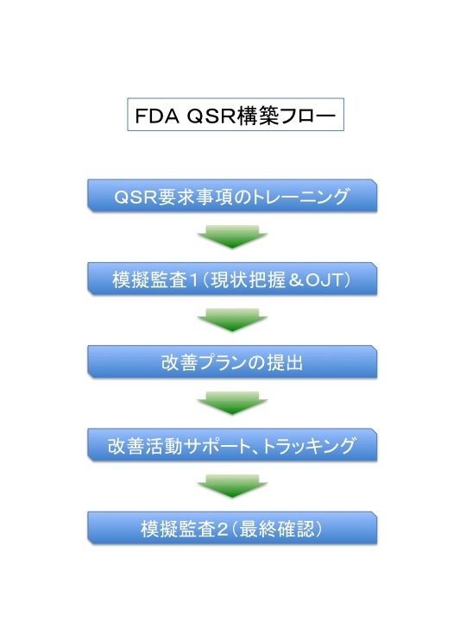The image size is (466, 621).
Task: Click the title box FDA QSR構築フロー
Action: [236, 115]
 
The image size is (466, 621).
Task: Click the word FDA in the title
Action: [157, 116]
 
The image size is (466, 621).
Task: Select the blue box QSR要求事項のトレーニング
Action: [232, 196]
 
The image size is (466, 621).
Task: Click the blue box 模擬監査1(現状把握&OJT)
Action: [232, 279]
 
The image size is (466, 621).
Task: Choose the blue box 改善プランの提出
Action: [232, 362]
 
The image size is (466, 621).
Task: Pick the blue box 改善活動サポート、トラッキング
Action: [232, 445]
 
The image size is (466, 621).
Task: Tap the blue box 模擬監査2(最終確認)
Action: [232, 529]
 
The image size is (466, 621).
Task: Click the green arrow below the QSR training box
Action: [232, 237]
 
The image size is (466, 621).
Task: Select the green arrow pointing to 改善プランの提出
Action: [232, 320]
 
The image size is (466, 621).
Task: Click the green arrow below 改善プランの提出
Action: [232, 404]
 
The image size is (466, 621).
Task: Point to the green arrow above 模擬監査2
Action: [232, 486]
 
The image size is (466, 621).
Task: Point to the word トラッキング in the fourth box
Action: [309, 446]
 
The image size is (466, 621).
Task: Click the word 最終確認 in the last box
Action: [277, 529]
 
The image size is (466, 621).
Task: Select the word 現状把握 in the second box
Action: [248, 280]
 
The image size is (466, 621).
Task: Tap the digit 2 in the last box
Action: [223, 530]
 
